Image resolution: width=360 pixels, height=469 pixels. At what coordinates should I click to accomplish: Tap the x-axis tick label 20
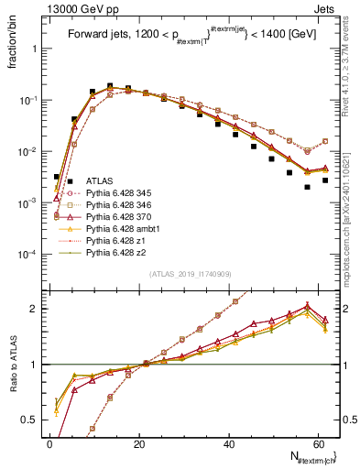(140, 443)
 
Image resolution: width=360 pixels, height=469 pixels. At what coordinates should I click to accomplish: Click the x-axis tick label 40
(230, 443)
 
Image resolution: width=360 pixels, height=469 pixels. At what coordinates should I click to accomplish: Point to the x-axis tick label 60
(320, 443)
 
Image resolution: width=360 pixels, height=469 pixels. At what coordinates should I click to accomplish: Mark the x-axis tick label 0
(50, 443)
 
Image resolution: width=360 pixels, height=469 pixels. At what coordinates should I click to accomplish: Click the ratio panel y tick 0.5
(31, 421)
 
